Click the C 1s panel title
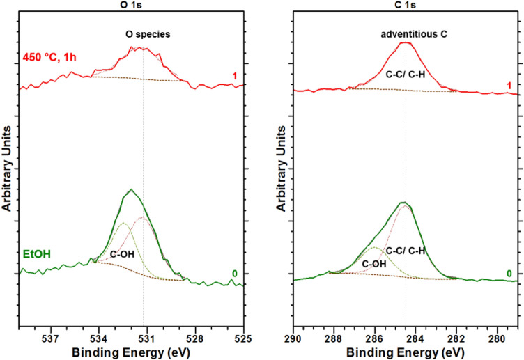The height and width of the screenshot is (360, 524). point(406,5)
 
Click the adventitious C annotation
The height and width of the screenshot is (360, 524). point(406,32)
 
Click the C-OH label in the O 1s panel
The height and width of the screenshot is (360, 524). point(122,255)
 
